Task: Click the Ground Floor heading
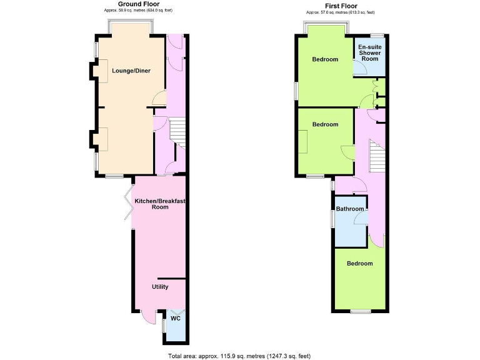click(134, 4)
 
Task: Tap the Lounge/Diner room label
click(131, 71)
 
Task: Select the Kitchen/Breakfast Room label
click(160, 203)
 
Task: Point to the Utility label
click(160, 287)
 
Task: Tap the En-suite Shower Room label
click(369, 52)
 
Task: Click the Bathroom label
click(350, 209)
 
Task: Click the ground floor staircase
click(177, 132)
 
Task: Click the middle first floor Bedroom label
click(325, 124)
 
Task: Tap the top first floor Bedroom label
click(325, 59)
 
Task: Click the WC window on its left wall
click(164, 326)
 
